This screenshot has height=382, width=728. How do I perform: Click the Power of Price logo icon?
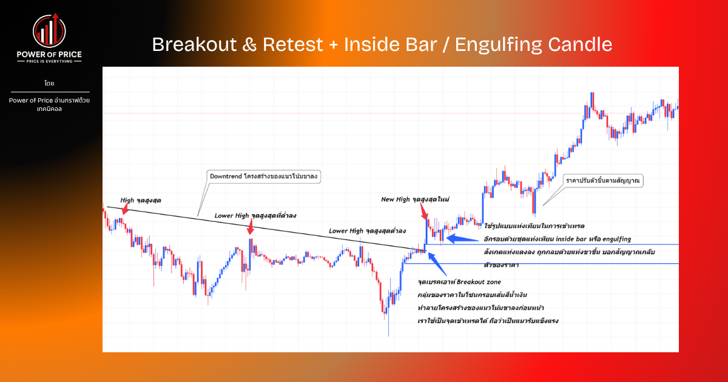[49, 31]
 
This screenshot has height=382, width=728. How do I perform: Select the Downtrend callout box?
[265, 176]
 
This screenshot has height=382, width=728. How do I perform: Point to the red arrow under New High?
[425, 212]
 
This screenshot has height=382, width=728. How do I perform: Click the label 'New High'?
[394, 199]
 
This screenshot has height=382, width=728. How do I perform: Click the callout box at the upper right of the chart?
[604, 181]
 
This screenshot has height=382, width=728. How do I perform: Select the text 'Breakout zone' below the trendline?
[479, 282]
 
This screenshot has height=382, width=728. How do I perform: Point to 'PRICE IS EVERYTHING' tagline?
[50, 62]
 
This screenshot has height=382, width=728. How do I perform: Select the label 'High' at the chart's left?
[127, 199]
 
